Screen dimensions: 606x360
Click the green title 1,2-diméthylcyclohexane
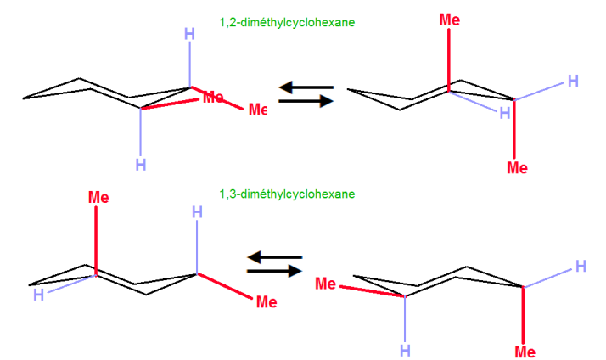[286, 22]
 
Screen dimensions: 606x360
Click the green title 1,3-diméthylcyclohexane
[286, 194]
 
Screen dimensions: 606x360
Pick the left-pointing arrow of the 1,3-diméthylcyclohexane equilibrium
[274, 256]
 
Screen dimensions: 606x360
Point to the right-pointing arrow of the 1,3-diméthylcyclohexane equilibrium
[274, 272]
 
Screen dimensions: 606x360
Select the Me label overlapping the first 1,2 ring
[213, 98]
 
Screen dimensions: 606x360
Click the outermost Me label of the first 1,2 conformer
[258, 110]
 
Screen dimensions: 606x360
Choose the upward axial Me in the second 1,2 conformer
[450, 20]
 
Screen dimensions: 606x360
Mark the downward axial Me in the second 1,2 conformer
[518, 167]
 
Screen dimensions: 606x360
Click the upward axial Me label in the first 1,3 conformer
[98, 198]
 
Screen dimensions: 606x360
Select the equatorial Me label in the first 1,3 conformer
[267, 301]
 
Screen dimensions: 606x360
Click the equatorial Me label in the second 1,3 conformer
[326, 284]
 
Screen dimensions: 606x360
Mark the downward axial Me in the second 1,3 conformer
[526, 350]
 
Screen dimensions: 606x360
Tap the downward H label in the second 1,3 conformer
[406, 349]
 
